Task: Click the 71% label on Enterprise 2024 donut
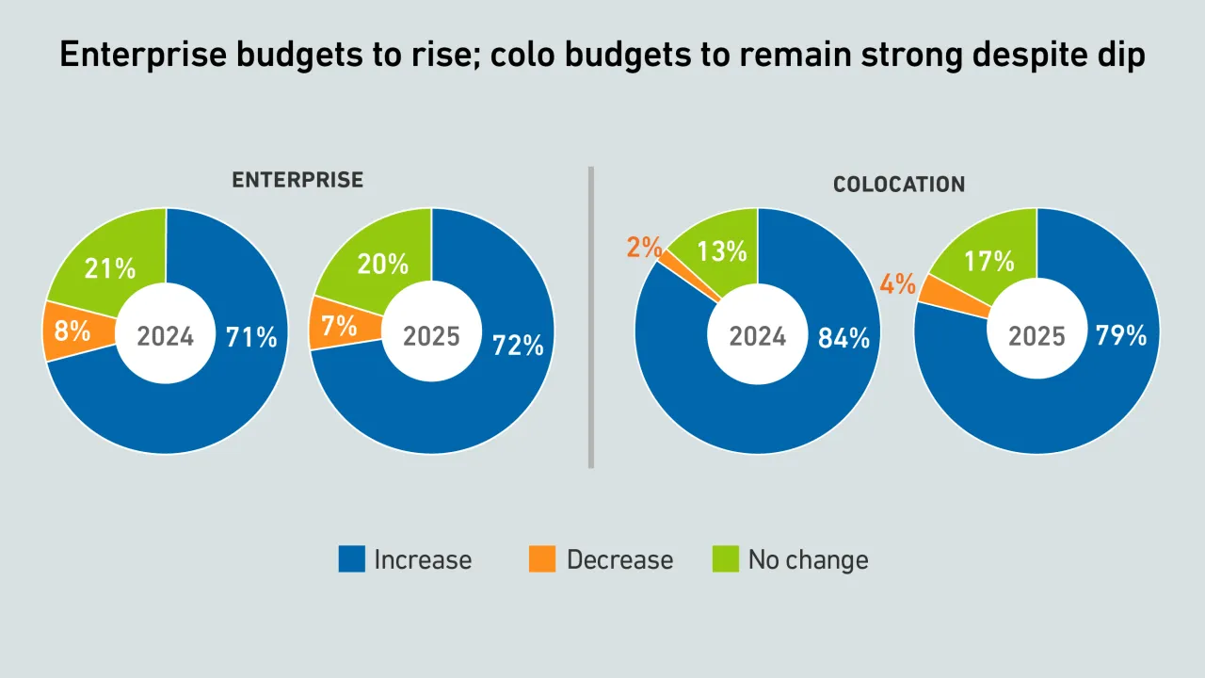click(251, 337)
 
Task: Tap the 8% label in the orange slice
click(72, 331)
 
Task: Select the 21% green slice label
click(111, 268)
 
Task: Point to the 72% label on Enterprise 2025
click(518, 346)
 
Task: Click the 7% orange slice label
click(339, 326)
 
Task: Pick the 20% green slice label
click(382, 265)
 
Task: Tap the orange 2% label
click(644, 248)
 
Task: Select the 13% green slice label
click(722, 251)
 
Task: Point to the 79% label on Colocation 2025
click(1121, 334)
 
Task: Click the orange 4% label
click(898, 283)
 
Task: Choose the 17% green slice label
click(989, 261)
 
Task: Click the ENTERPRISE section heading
click(297, 180)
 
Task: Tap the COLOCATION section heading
click(899, 185)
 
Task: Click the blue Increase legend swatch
click(351, 559)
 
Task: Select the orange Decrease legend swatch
click(542, 559)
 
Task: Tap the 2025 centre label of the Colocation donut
click(1036, 336)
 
